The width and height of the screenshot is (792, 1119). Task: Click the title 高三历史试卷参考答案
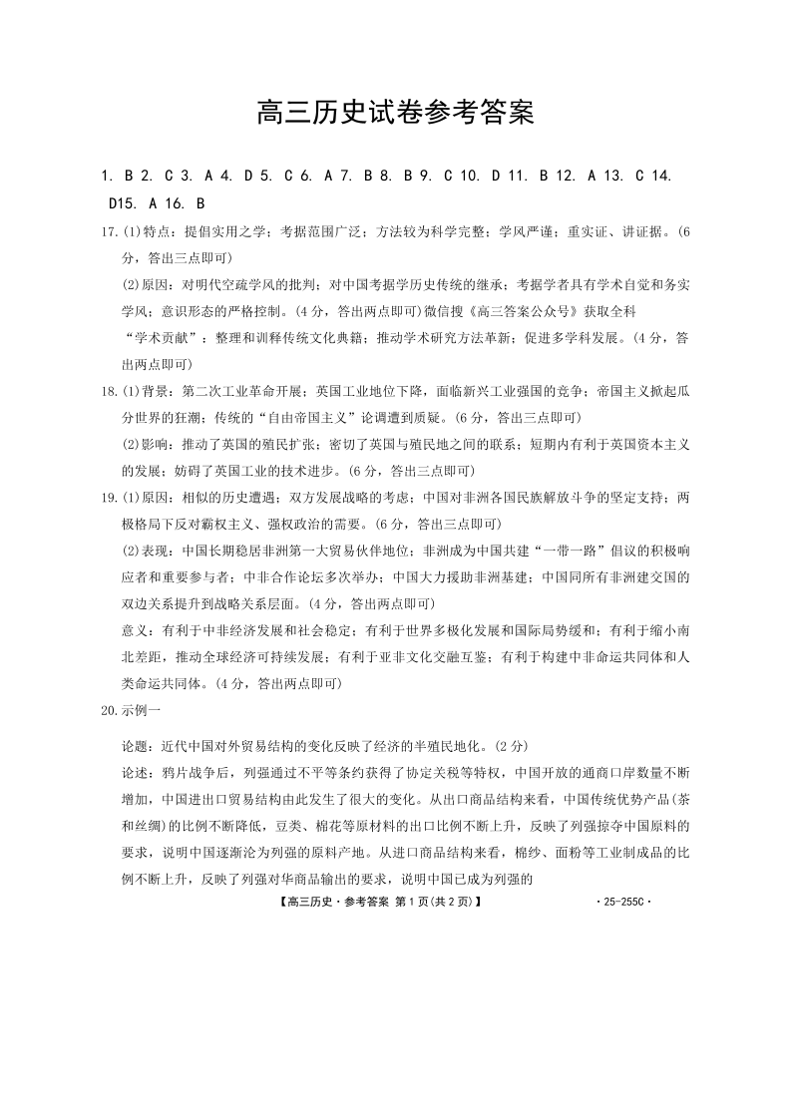click(396, 113)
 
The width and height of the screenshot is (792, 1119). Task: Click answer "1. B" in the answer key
click(117, 177)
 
